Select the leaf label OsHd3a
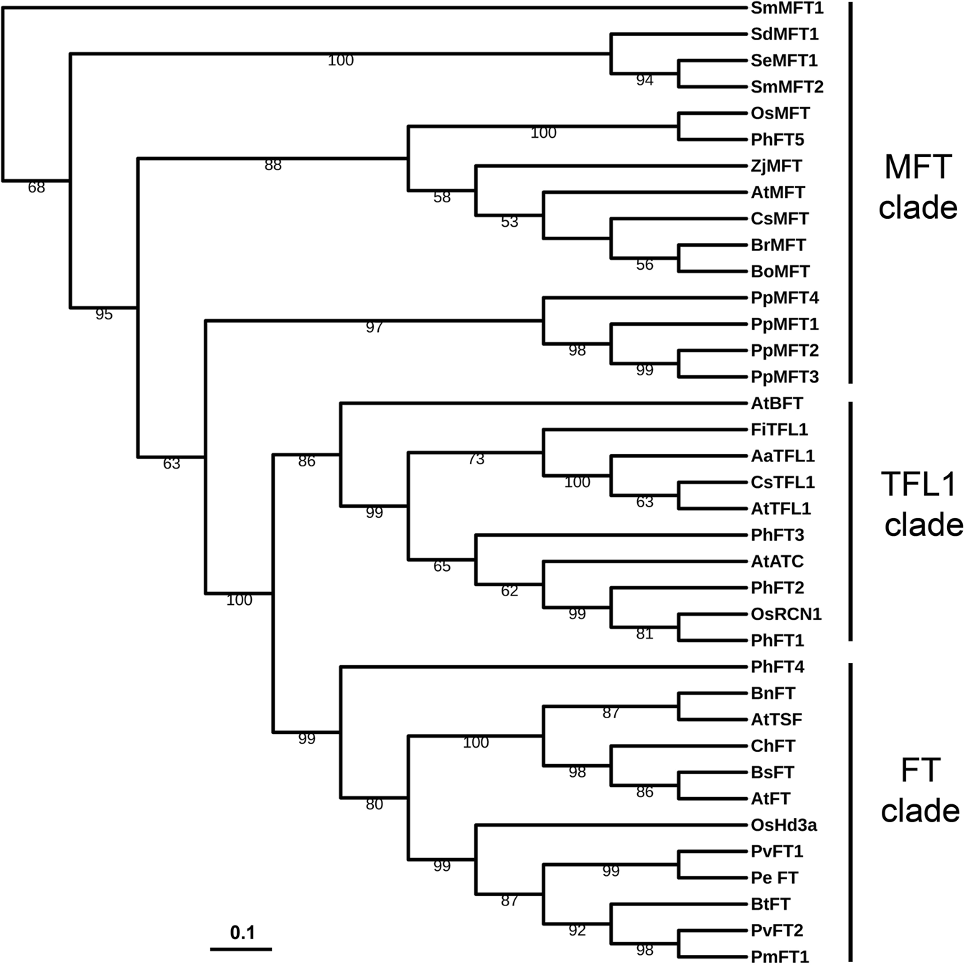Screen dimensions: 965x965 pos(783,825)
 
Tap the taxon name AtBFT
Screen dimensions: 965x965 pos(777,403)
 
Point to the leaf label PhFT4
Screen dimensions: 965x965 pos(778,667)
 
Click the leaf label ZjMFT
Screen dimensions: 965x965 pos(776,166)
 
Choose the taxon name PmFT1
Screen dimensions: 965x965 pos(780,956)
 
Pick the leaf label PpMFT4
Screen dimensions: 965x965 pos(785,298)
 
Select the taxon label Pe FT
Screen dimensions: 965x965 pos(774,877)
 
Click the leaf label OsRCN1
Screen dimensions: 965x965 pos(786,614)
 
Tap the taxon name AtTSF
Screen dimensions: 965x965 pos(776,720)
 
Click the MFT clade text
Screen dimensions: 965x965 pos(918,187)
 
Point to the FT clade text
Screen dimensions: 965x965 pos(920,790)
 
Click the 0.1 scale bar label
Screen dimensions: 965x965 pos(243,933)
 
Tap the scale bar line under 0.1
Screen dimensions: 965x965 pos(241,948)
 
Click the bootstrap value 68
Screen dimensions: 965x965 pos(37,188)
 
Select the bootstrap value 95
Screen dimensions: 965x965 pos(104,314)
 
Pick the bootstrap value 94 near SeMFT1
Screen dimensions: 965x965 pos(644,81)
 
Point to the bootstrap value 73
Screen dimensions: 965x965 pos(476,460)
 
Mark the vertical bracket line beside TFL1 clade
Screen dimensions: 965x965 pos(850,520)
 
